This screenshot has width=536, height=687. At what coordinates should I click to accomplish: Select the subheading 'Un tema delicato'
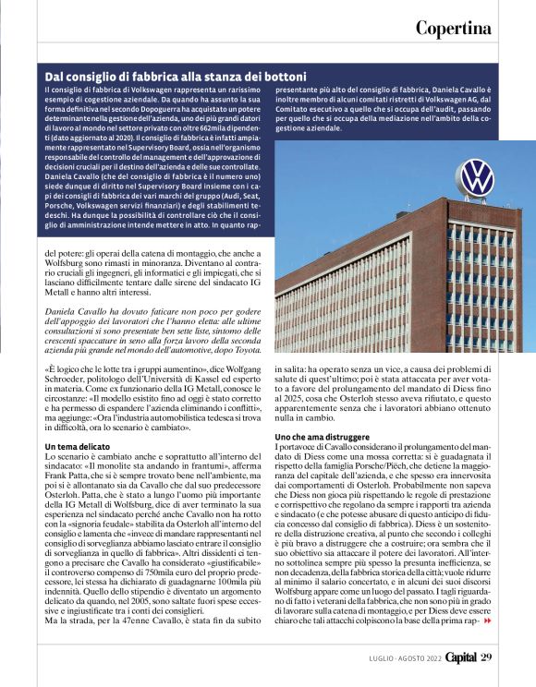79,446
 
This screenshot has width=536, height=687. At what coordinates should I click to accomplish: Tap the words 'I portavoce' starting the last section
296,446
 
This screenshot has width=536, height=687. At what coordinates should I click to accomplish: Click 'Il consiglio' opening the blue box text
67,90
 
